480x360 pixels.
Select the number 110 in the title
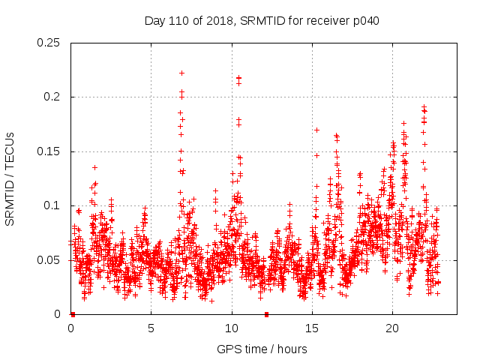click(179, 21)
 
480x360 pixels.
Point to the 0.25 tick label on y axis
click(49, 43)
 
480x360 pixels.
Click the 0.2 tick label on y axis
click(52, 97)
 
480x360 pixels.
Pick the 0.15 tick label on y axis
click(49, 151)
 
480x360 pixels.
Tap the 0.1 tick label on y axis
click(52, 205)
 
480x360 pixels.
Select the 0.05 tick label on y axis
click(49, 260)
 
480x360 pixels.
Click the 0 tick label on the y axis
click(58, 314)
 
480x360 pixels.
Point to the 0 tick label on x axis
click(71, 328)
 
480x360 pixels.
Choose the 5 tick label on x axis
click(151, 328)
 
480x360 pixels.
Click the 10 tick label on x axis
click(232, 328)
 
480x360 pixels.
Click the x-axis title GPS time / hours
click(262, 349)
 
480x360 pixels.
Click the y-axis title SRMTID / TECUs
click(10, 178)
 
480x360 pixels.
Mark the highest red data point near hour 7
click(181, 73)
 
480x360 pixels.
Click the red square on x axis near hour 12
click(266, 314)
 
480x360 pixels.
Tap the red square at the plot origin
click(73, 314)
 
